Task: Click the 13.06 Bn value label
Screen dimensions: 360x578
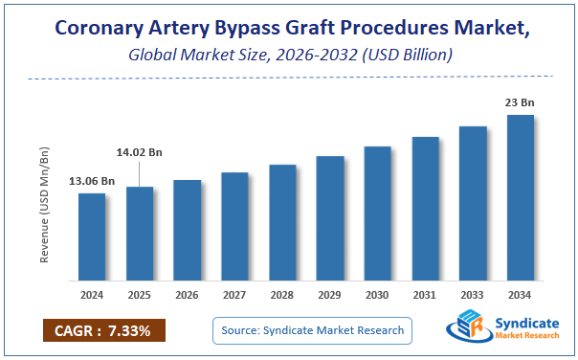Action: coord(92,181)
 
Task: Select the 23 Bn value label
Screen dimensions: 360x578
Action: coord(521,102)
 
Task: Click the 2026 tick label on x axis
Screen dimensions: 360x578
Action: coord(188,296)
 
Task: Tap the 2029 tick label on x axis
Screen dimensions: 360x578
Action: coord(330,296)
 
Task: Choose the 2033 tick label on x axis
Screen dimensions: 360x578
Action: coord(473,296)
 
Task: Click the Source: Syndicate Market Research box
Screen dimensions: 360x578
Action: coord(313,330)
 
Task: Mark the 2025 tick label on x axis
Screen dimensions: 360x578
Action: coord(140,296)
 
